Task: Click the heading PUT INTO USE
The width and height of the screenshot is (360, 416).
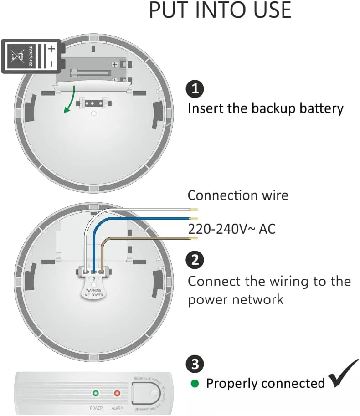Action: [220, 10]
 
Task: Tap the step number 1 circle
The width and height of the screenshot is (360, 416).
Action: [195, 88]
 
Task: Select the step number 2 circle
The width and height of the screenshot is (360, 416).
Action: [195, 260]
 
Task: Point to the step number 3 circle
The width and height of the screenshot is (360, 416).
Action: [195, 364]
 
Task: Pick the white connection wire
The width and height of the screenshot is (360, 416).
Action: [146, 210]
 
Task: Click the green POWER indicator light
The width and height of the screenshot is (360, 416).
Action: [96, 393]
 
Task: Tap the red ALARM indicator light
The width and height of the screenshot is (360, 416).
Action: [117, 393]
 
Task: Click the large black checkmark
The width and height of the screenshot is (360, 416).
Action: [343, 373]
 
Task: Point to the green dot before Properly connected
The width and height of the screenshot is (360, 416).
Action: [195, 384]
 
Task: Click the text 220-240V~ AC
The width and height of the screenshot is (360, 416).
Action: [231, 229]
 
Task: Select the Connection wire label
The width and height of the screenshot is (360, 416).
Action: [238, 195]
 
